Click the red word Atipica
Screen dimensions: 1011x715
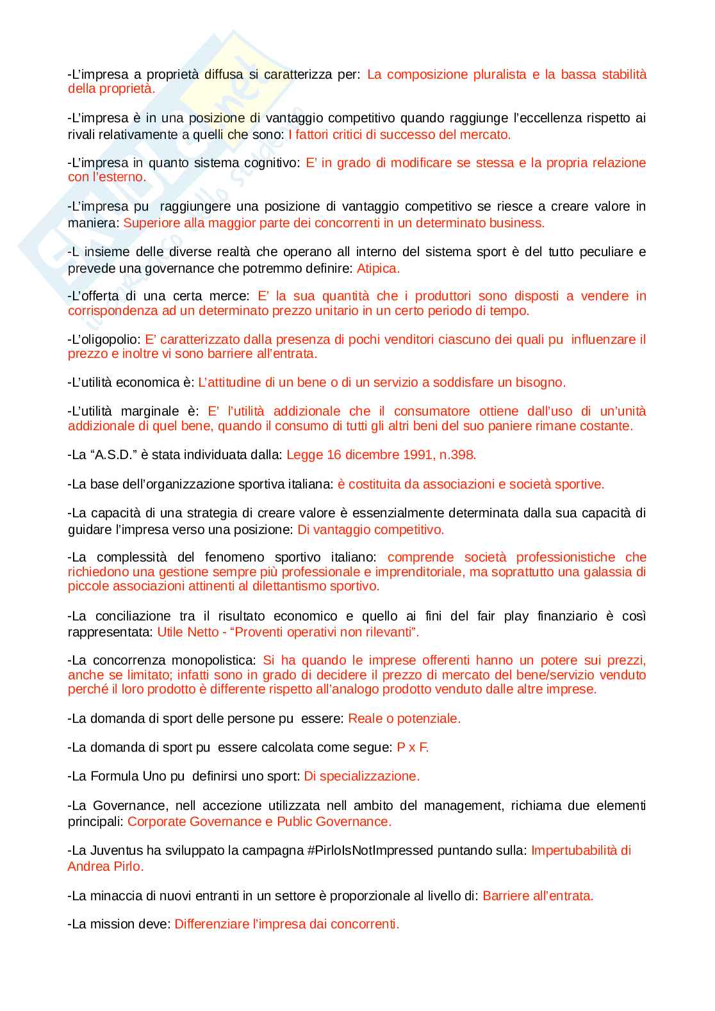378,268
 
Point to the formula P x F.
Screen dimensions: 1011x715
413,747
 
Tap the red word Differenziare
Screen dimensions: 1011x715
211,924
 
